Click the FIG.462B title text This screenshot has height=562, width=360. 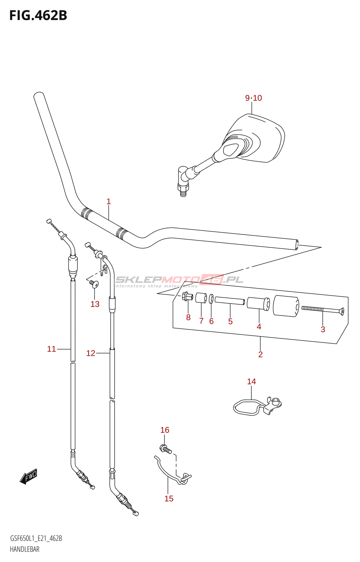38,15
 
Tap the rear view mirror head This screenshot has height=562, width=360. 258,139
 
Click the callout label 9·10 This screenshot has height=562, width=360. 253,98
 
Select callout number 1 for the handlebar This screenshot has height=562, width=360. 109,202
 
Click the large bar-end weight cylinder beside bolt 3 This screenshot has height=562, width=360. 286,306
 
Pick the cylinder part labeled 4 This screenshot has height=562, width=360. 258,303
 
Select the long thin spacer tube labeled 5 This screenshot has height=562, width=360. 230,301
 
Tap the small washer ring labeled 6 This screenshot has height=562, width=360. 211,299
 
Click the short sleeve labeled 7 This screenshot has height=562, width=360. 201,298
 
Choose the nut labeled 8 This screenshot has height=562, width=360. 187,296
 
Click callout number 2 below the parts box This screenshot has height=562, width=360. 261,354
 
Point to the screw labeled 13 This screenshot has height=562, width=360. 94,284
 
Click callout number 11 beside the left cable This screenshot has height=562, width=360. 51,349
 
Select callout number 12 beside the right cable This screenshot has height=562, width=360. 91,353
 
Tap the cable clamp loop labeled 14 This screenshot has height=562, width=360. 250,407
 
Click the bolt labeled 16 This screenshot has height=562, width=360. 166,449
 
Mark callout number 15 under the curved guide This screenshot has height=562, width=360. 169,498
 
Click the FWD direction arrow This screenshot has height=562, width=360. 28,477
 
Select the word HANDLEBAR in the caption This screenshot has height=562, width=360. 25,549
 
